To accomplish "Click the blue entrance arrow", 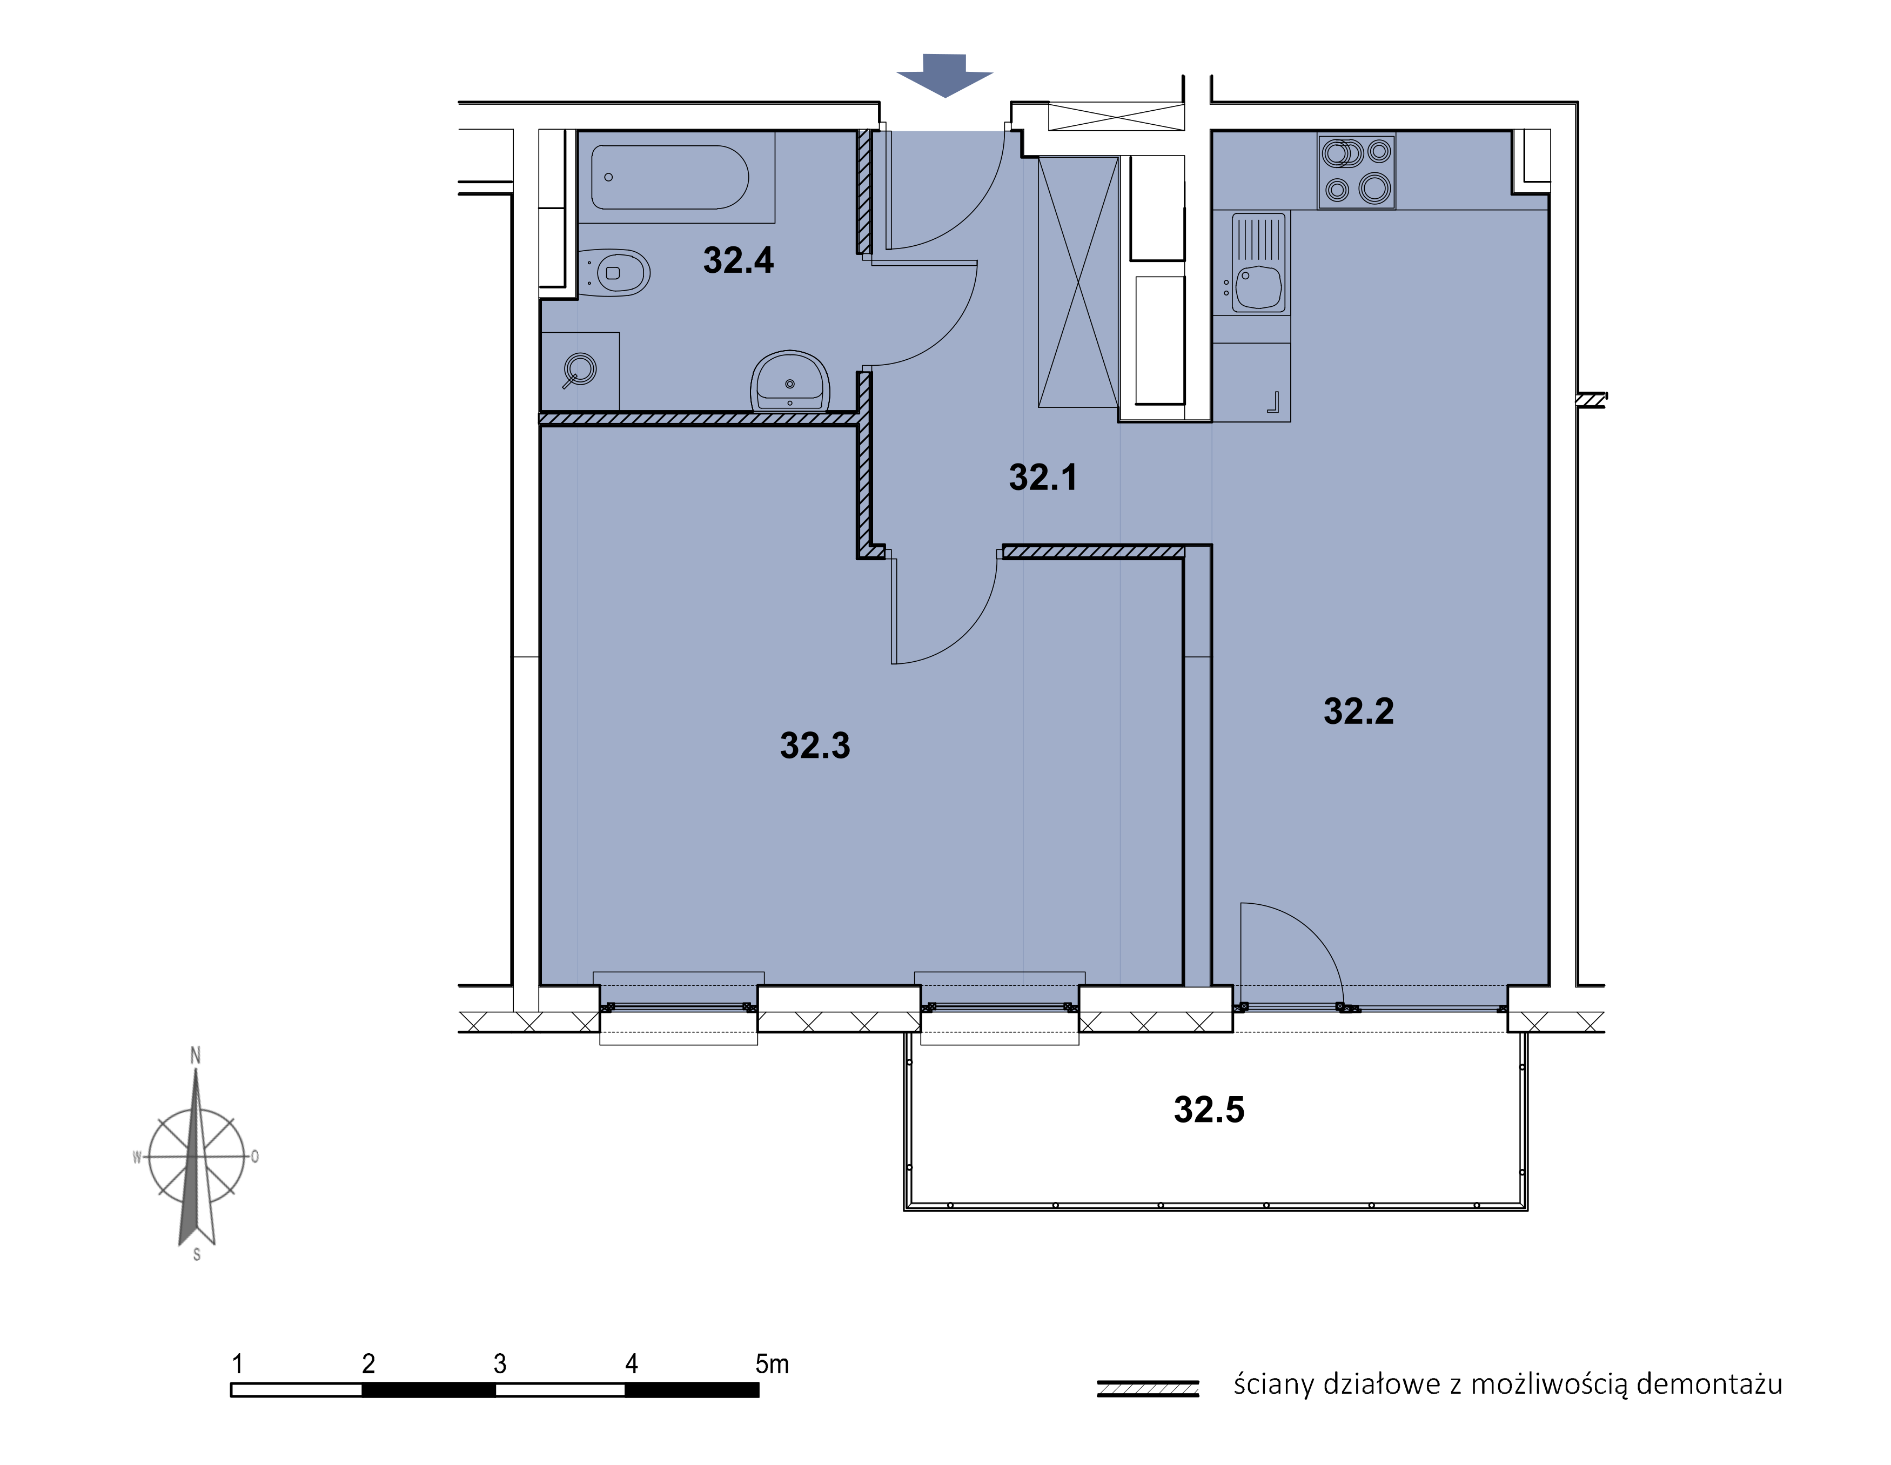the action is pyautogui.click(x=944, y=75).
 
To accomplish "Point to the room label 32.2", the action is pyautogui.click(x=1358, y=711).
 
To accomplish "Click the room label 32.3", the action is pyautogui.click(x=815, y=745).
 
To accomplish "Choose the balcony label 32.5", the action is pyautogui.click(x=1209, y=1109).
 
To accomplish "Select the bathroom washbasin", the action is pyautogui.click(x=790, y=381).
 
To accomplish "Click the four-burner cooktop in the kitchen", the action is pyautogui.click(x=1356, y=171).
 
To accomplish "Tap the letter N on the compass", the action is pyautogui.click(x=196, y=1056).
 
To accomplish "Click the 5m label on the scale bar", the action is pyautogui.click(x=772, y=1363).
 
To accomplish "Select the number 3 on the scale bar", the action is pyautogui.click(x=500, y=1363).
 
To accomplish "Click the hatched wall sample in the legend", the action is pyautogui.click(x=1147, y=1388).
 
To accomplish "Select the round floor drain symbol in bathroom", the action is pyautogui.click(x=579, y=369).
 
